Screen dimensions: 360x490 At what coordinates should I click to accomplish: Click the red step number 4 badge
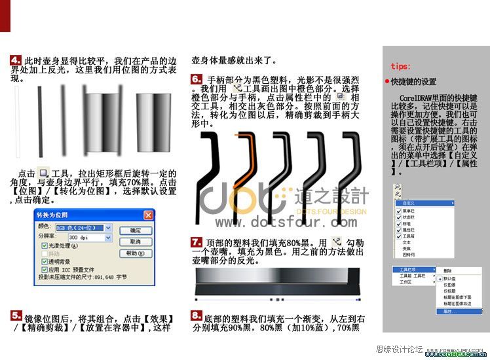pos(16,60)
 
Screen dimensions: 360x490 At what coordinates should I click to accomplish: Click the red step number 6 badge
pos(197,79)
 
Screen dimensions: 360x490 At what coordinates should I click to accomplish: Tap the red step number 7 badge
pos(197,242)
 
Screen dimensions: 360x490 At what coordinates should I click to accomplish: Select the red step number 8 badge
pos(197,315)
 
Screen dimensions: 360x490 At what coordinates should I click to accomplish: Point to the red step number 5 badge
pos(16,315)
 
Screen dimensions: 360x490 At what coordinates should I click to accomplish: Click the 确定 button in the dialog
pos(136,231)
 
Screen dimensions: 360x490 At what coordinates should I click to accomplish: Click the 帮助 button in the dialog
pos(136,253)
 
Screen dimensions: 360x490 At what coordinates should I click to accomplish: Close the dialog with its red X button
pos(148,215)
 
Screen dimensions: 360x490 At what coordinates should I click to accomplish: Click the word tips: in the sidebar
pos(400,66)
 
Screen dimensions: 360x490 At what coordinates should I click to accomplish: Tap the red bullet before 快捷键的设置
pos(387,82)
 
